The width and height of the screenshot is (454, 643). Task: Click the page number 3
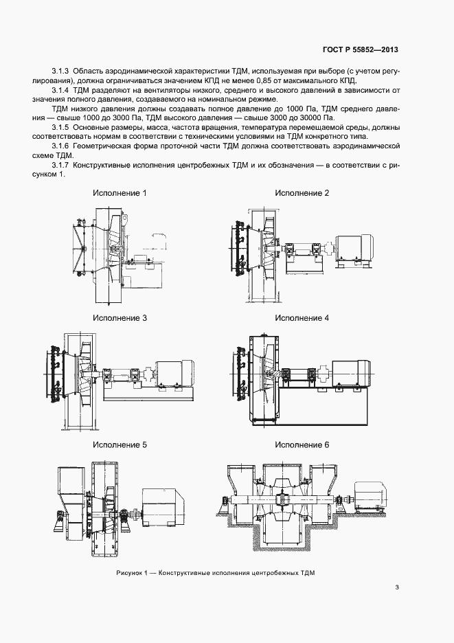click(397, 587)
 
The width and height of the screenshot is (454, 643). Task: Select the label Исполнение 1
click(120, 193)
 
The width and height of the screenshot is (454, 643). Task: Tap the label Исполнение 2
click(302, 193)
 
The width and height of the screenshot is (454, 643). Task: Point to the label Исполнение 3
click(120, 318)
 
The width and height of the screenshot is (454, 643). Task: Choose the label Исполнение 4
click(302, 318)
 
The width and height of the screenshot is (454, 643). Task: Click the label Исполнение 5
click(120, 444)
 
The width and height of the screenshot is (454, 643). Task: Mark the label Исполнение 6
click(302, 444)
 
